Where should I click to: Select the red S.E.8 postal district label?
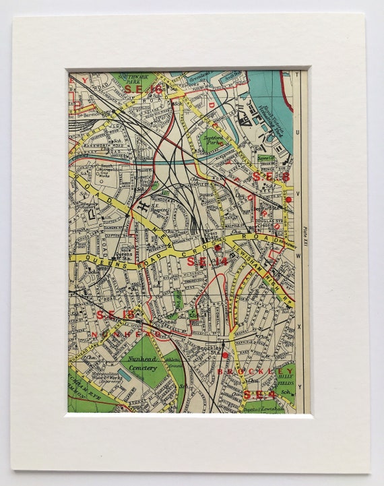click(x=271, y=177)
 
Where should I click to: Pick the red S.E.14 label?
click(x=208, y=261)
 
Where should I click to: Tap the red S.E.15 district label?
click(x=108, y=315)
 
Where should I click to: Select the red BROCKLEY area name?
click(x=255, y=371)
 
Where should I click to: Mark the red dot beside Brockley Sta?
click(x=224, y=353)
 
